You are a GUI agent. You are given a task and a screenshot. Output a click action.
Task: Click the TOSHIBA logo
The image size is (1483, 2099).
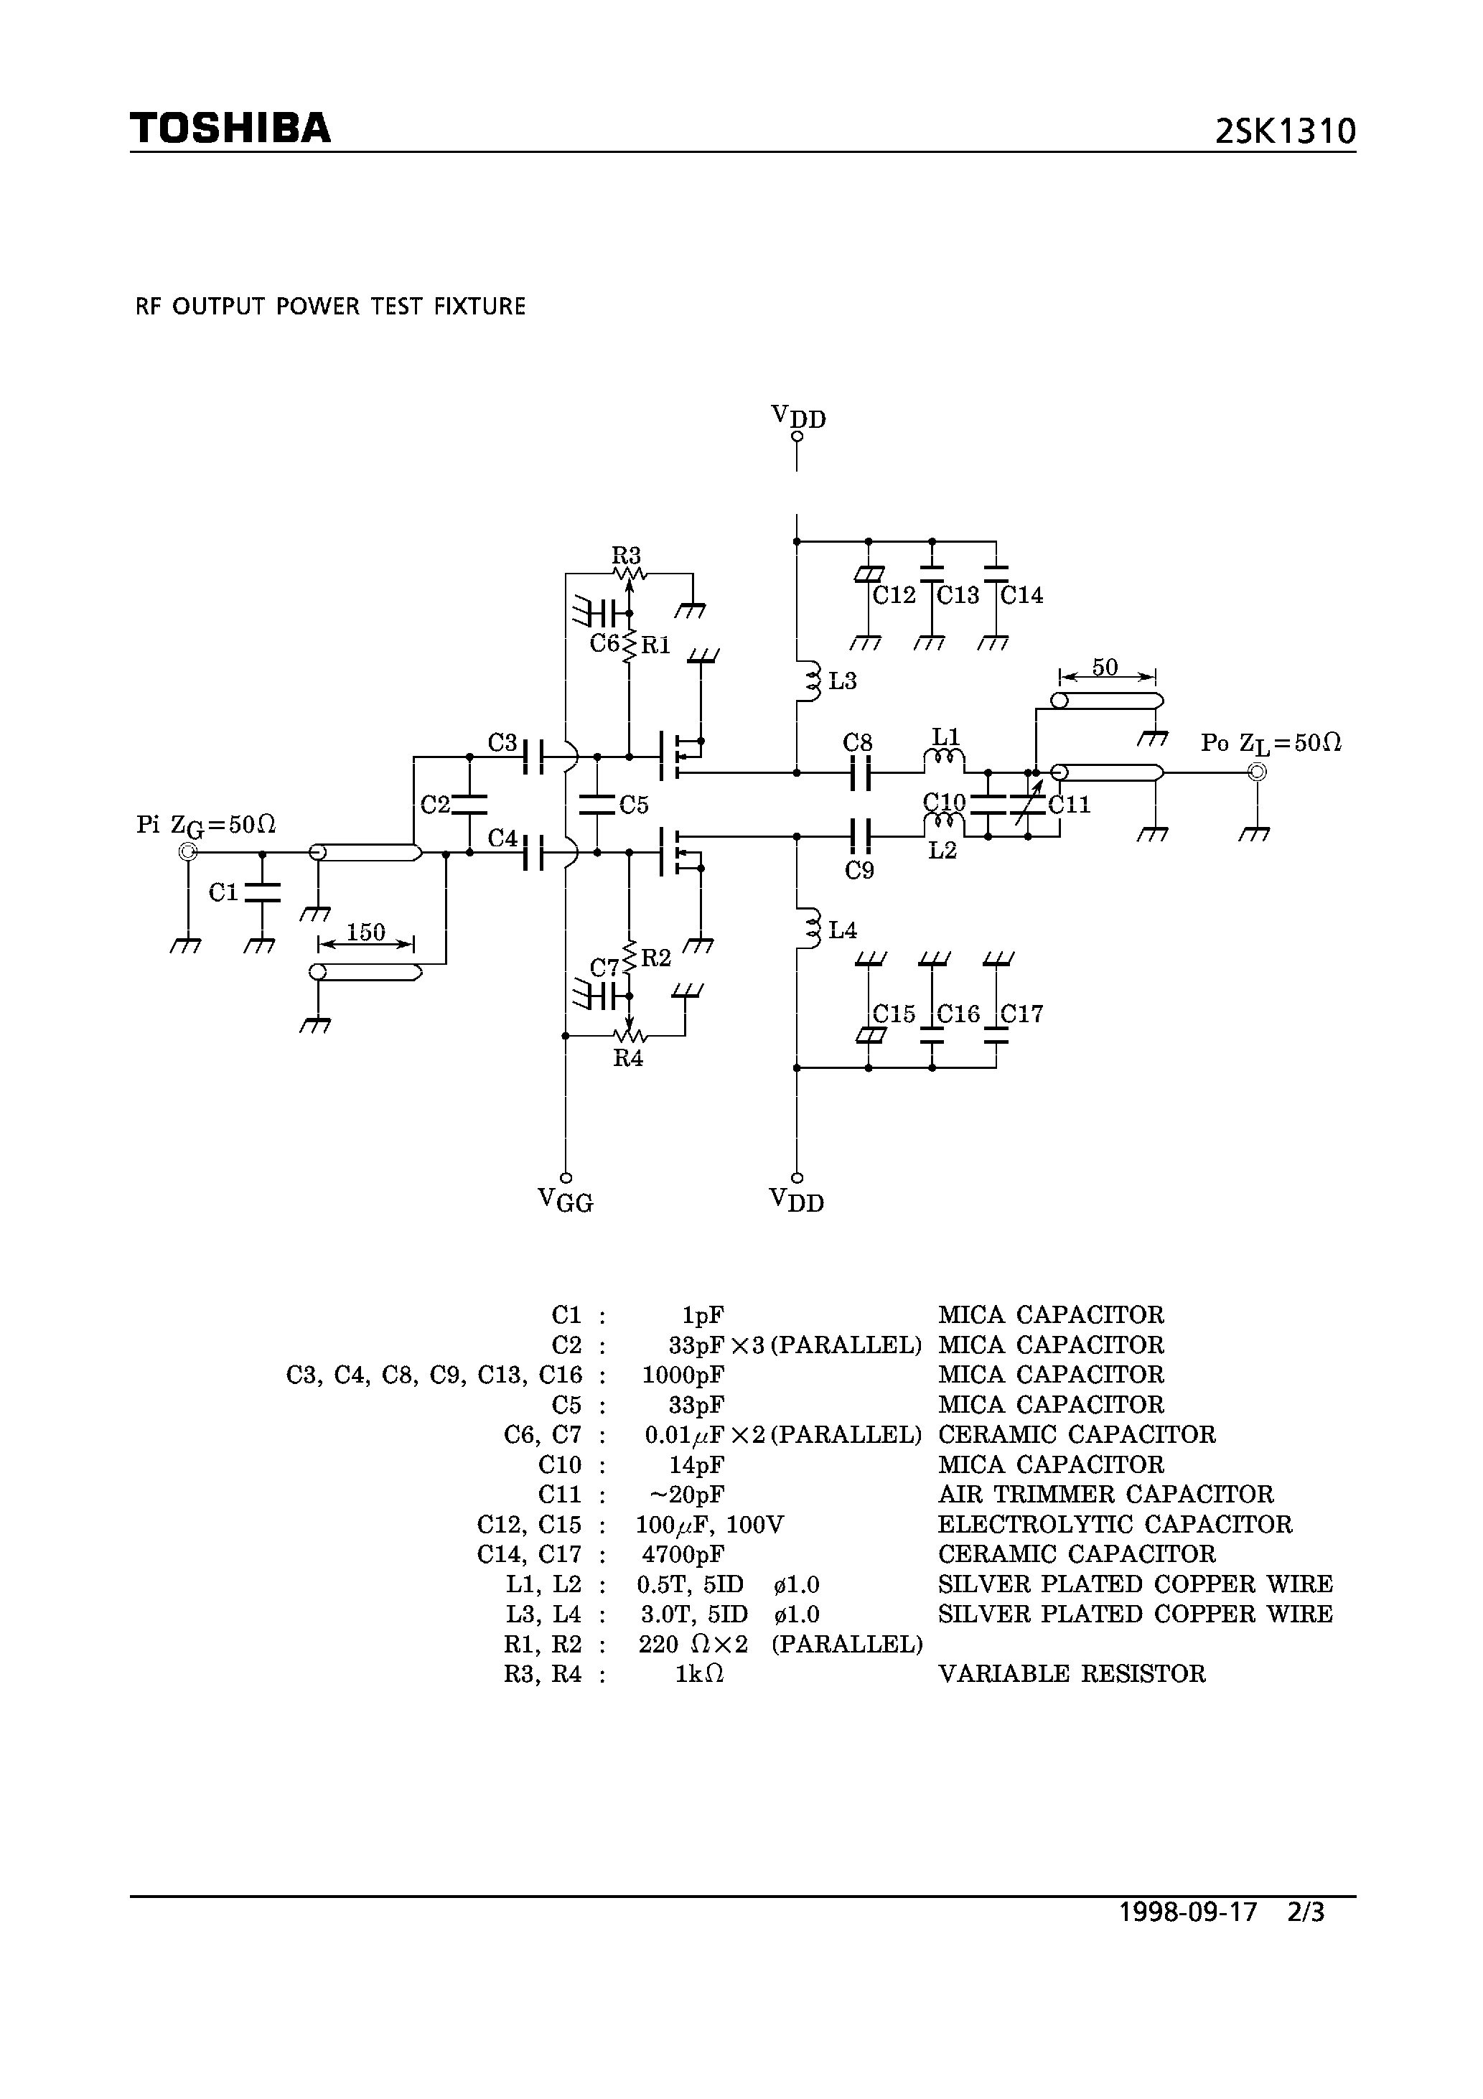[230, 128]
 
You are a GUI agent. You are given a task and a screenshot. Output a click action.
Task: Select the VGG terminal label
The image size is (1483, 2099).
[565, 1200]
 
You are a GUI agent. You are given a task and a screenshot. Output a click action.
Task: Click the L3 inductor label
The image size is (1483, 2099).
[842, 681]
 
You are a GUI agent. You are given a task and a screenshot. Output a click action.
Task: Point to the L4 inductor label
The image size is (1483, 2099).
[842, 930]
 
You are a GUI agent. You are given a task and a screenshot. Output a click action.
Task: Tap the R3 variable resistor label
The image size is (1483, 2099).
[627, 555]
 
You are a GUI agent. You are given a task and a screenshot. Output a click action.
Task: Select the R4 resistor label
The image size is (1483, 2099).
[628, 1059]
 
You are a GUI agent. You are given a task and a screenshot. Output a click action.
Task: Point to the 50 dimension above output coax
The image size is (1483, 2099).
[1105, 668]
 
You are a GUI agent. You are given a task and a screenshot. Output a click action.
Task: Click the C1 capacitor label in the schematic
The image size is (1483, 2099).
[223, 892]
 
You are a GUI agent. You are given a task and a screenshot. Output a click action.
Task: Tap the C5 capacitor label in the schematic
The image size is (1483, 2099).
[634, 805]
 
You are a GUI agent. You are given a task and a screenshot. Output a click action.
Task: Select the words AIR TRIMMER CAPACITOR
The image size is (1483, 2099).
[1105, 1495]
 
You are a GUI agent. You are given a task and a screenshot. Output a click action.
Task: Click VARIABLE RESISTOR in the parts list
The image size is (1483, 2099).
[1072, 1674]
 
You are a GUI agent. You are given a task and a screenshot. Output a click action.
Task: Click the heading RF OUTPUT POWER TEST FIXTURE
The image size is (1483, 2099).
[330, 307]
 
